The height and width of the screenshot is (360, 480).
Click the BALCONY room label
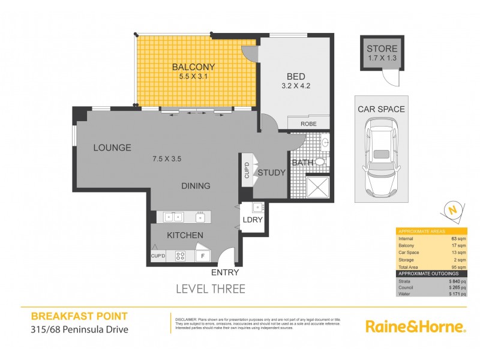[x=193, y=67]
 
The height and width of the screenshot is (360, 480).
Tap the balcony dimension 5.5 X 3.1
[x=193, y=77]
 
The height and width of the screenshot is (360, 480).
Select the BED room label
[x=295, y=76]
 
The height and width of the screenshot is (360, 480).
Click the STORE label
[x=382, y=49]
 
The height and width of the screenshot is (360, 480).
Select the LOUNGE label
[x=112, y=148]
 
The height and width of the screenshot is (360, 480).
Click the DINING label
[x=196, y=185]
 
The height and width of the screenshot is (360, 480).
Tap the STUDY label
[x=272, y=173]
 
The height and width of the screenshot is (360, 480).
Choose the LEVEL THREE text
[x=210, y=289]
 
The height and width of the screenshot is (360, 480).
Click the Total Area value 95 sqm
[x=460, y=266]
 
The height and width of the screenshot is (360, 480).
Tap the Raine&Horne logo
[x=415, y=327]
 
